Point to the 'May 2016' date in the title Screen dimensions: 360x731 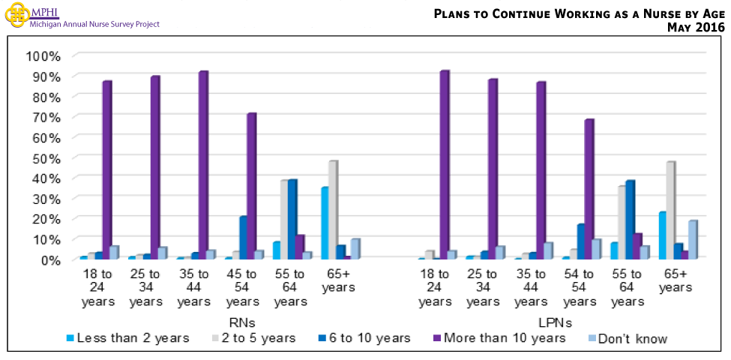tap(696, 28)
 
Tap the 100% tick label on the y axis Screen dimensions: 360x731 tap(42, 56)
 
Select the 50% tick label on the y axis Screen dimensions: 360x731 tap(45, 158)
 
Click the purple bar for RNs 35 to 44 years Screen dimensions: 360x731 tap(202, 165)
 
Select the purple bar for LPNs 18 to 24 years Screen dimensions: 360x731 tap(444, 165)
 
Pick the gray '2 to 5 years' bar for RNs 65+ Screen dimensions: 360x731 tap(332, 210)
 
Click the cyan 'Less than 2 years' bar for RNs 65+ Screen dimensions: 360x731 tap(324, 223)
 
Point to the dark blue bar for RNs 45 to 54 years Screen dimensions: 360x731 tap(242, 238)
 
